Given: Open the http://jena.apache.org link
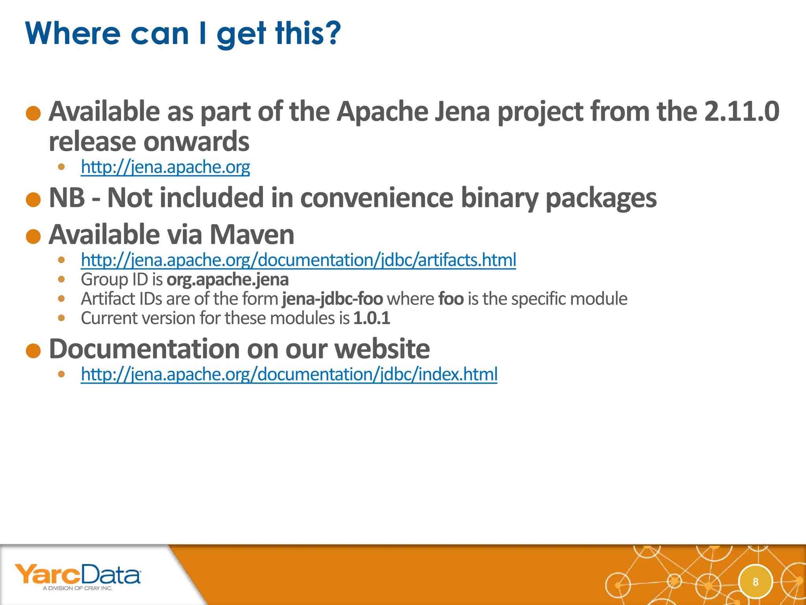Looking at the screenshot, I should (x=165, y=167).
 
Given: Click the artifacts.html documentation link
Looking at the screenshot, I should (x=298, y=260).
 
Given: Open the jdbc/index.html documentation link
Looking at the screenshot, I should (x=289, y=374).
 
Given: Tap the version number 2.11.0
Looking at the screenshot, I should (x=741, y=111).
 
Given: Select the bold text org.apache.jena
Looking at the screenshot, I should (x=227, y=280).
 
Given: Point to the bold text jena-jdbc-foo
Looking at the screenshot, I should (x=332, y=299).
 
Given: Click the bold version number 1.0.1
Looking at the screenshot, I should (x=372, y=318).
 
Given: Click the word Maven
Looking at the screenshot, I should (x=252, y=235).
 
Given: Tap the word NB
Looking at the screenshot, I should (x=67, y=198).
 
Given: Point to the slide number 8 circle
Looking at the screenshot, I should (x=755, y=582).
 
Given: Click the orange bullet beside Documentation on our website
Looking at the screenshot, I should (x=33, y=351).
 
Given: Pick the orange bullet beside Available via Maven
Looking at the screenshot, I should (x=33, y=237).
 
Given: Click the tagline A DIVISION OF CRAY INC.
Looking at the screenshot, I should (x=78, y=588).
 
